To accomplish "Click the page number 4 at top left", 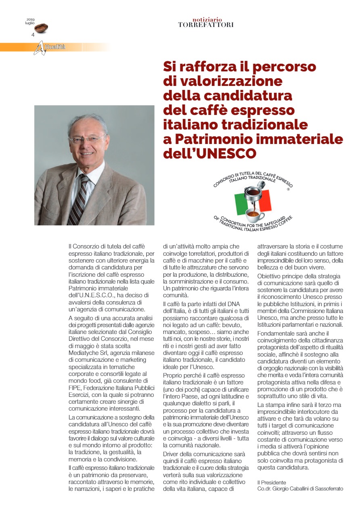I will [x=33, y=35].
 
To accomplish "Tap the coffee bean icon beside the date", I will [x=41, y=28].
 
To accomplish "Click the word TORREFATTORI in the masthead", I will [x=206, y=25].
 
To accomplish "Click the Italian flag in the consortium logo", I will [x=253, y=202].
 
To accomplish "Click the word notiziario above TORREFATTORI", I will [x=207, y=19].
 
